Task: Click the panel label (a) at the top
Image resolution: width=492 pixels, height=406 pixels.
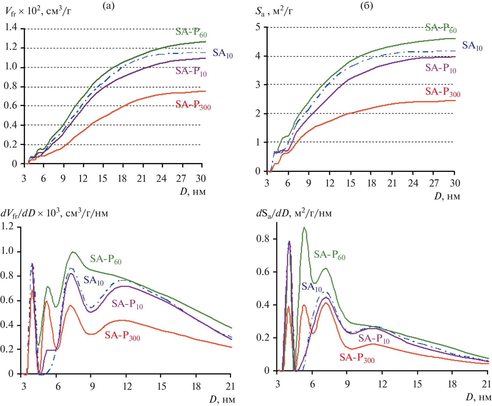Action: (x=108, y=5)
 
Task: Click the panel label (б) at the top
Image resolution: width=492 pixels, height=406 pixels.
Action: (x=366, y=5)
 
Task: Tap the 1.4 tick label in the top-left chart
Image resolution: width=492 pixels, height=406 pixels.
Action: (x=11, y=27)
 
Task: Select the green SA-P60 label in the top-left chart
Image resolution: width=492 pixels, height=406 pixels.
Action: (x=191, y=32)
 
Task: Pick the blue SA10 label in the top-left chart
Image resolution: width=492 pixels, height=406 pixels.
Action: (x=223, y=53)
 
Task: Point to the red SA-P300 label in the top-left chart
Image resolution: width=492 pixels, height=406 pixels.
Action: (x=193, y=105)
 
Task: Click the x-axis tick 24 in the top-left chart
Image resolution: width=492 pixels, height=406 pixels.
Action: (x=161, y=178)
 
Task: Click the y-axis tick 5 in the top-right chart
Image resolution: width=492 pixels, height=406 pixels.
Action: (x=258, y=27)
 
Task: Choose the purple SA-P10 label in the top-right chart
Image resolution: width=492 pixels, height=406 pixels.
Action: (x=441, y=68)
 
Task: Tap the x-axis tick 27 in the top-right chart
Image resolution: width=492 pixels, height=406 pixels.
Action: (x=434, y=183)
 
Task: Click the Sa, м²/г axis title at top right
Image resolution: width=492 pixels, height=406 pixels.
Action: (x=274, y=11)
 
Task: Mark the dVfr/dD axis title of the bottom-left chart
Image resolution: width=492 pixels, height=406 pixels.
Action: (x=54, y=214)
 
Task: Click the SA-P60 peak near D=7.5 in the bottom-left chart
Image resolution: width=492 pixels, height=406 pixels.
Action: (x=73, y=252)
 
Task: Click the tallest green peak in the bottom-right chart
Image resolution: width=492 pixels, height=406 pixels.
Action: (x=304, y=228)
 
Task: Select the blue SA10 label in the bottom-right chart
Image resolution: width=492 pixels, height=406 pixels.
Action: (x=312, y=287)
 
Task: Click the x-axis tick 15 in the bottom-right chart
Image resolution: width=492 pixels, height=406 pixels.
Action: (x=417, y=384)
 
